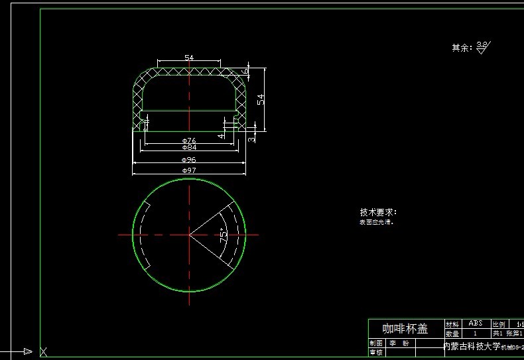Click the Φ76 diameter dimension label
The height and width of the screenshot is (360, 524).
click(x=189, y=141)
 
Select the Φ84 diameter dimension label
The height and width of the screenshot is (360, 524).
click(x=189, y=147)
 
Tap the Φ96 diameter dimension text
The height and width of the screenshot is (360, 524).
click(x=189, y=160)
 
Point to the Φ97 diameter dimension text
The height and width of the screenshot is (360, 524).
click(x=189, y=171)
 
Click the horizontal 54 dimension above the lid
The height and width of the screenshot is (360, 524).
click(x=189, y=58)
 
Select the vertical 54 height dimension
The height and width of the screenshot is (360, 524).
click(x=261, y=99)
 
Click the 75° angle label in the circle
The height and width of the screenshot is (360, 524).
click(x=224, y=234)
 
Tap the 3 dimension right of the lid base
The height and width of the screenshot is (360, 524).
click(x=251, y=139)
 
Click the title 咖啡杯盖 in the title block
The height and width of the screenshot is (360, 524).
click(x=405, y=329)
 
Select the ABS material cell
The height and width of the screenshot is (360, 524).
click(x=475, y=323)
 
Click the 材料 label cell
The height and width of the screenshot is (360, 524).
click(x=452, y=324)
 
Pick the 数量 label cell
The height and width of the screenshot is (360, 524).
click(x=452, y=333)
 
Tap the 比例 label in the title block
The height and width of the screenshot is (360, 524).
click(x=499, y=324)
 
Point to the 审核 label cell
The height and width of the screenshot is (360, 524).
click(x=376, y=353)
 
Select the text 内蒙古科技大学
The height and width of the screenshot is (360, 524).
click(x=471, y=346)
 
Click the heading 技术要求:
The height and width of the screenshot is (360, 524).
click(x=378, y=212)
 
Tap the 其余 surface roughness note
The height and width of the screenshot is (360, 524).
click(x=462, y=48)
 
